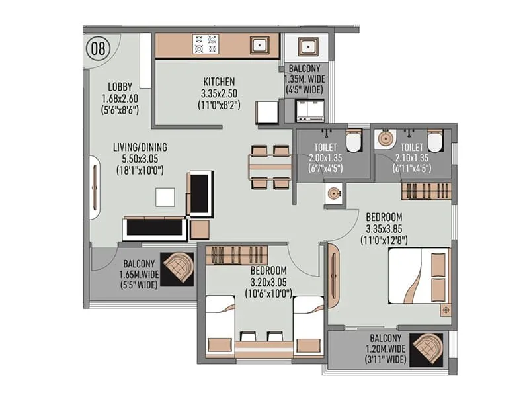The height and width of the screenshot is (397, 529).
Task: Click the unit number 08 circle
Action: (x=98, y=48)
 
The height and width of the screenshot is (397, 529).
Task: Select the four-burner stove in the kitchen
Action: (x=205, y=44)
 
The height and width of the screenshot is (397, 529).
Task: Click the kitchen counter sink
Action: (x=259, y=45)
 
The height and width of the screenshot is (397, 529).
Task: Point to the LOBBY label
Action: (x=120, y=87)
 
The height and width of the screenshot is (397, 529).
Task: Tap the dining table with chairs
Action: (x=270, y=167)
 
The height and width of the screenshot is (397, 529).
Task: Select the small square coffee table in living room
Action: (x=165, y=197)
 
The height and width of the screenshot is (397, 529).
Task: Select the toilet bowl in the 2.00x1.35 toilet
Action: (x=354, y=140)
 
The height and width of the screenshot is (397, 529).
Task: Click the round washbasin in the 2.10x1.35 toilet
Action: (x=386, y=140)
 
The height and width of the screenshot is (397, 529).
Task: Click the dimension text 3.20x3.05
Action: (x=268, y=282)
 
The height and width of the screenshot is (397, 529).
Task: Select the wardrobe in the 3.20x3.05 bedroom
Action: (x=236, y=255)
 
